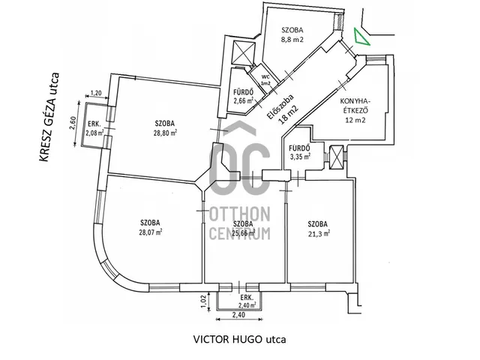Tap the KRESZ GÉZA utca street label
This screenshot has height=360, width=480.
point(53,112)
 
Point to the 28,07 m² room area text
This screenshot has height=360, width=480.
point(151,232)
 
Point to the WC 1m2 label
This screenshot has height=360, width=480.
point(265,79)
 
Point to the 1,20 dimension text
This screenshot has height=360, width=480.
point(95,94)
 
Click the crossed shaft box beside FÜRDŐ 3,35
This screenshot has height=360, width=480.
point(339,157)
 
